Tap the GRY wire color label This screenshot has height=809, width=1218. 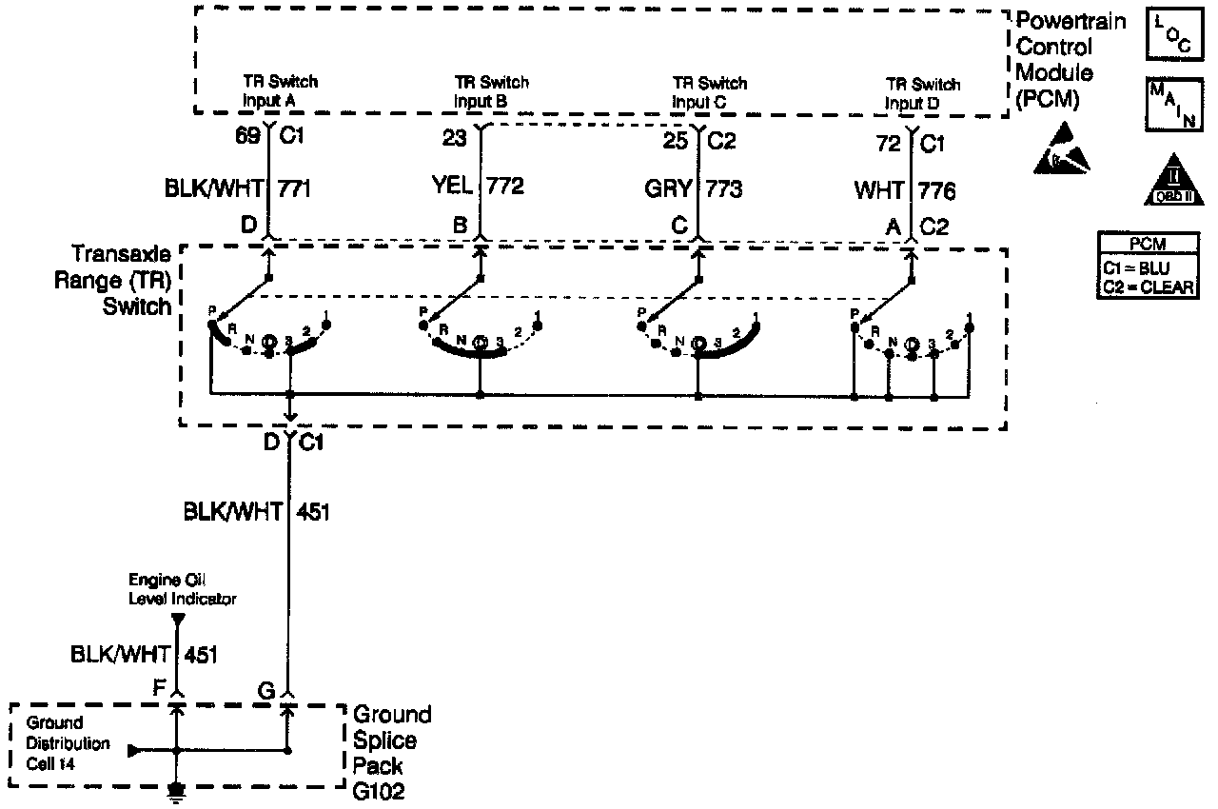[669, 188]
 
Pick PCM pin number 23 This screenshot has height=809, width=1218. [454, 139]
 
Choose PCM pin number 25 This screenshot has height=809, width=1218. [676, 141]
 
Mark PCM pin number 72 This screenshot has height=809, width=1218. [889, 145]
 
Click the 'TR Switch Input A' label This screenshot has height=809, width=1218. [278, 90]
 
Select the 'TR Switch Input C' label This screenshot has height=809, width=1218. [709, 91]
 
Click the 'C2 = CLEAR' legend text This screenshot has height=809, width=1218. [1147, 286]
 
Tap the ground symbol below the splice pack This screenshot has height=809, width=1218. [176, 789]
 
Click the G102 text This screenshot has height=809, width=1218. [379, 791]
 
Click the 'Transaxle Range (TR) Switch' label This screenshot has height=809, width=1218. [121, 280]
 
